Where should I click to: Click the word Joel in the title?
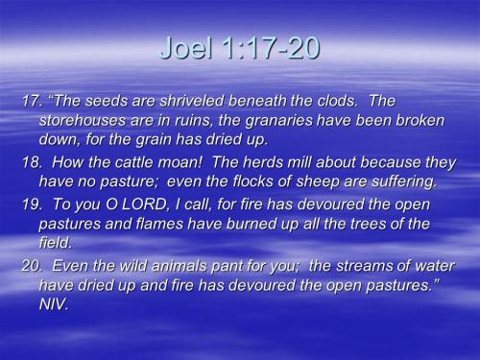[184, 49]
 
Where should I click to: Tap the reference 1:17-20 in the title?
[268, 49]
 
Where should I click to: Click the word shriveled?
[192, 101]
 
